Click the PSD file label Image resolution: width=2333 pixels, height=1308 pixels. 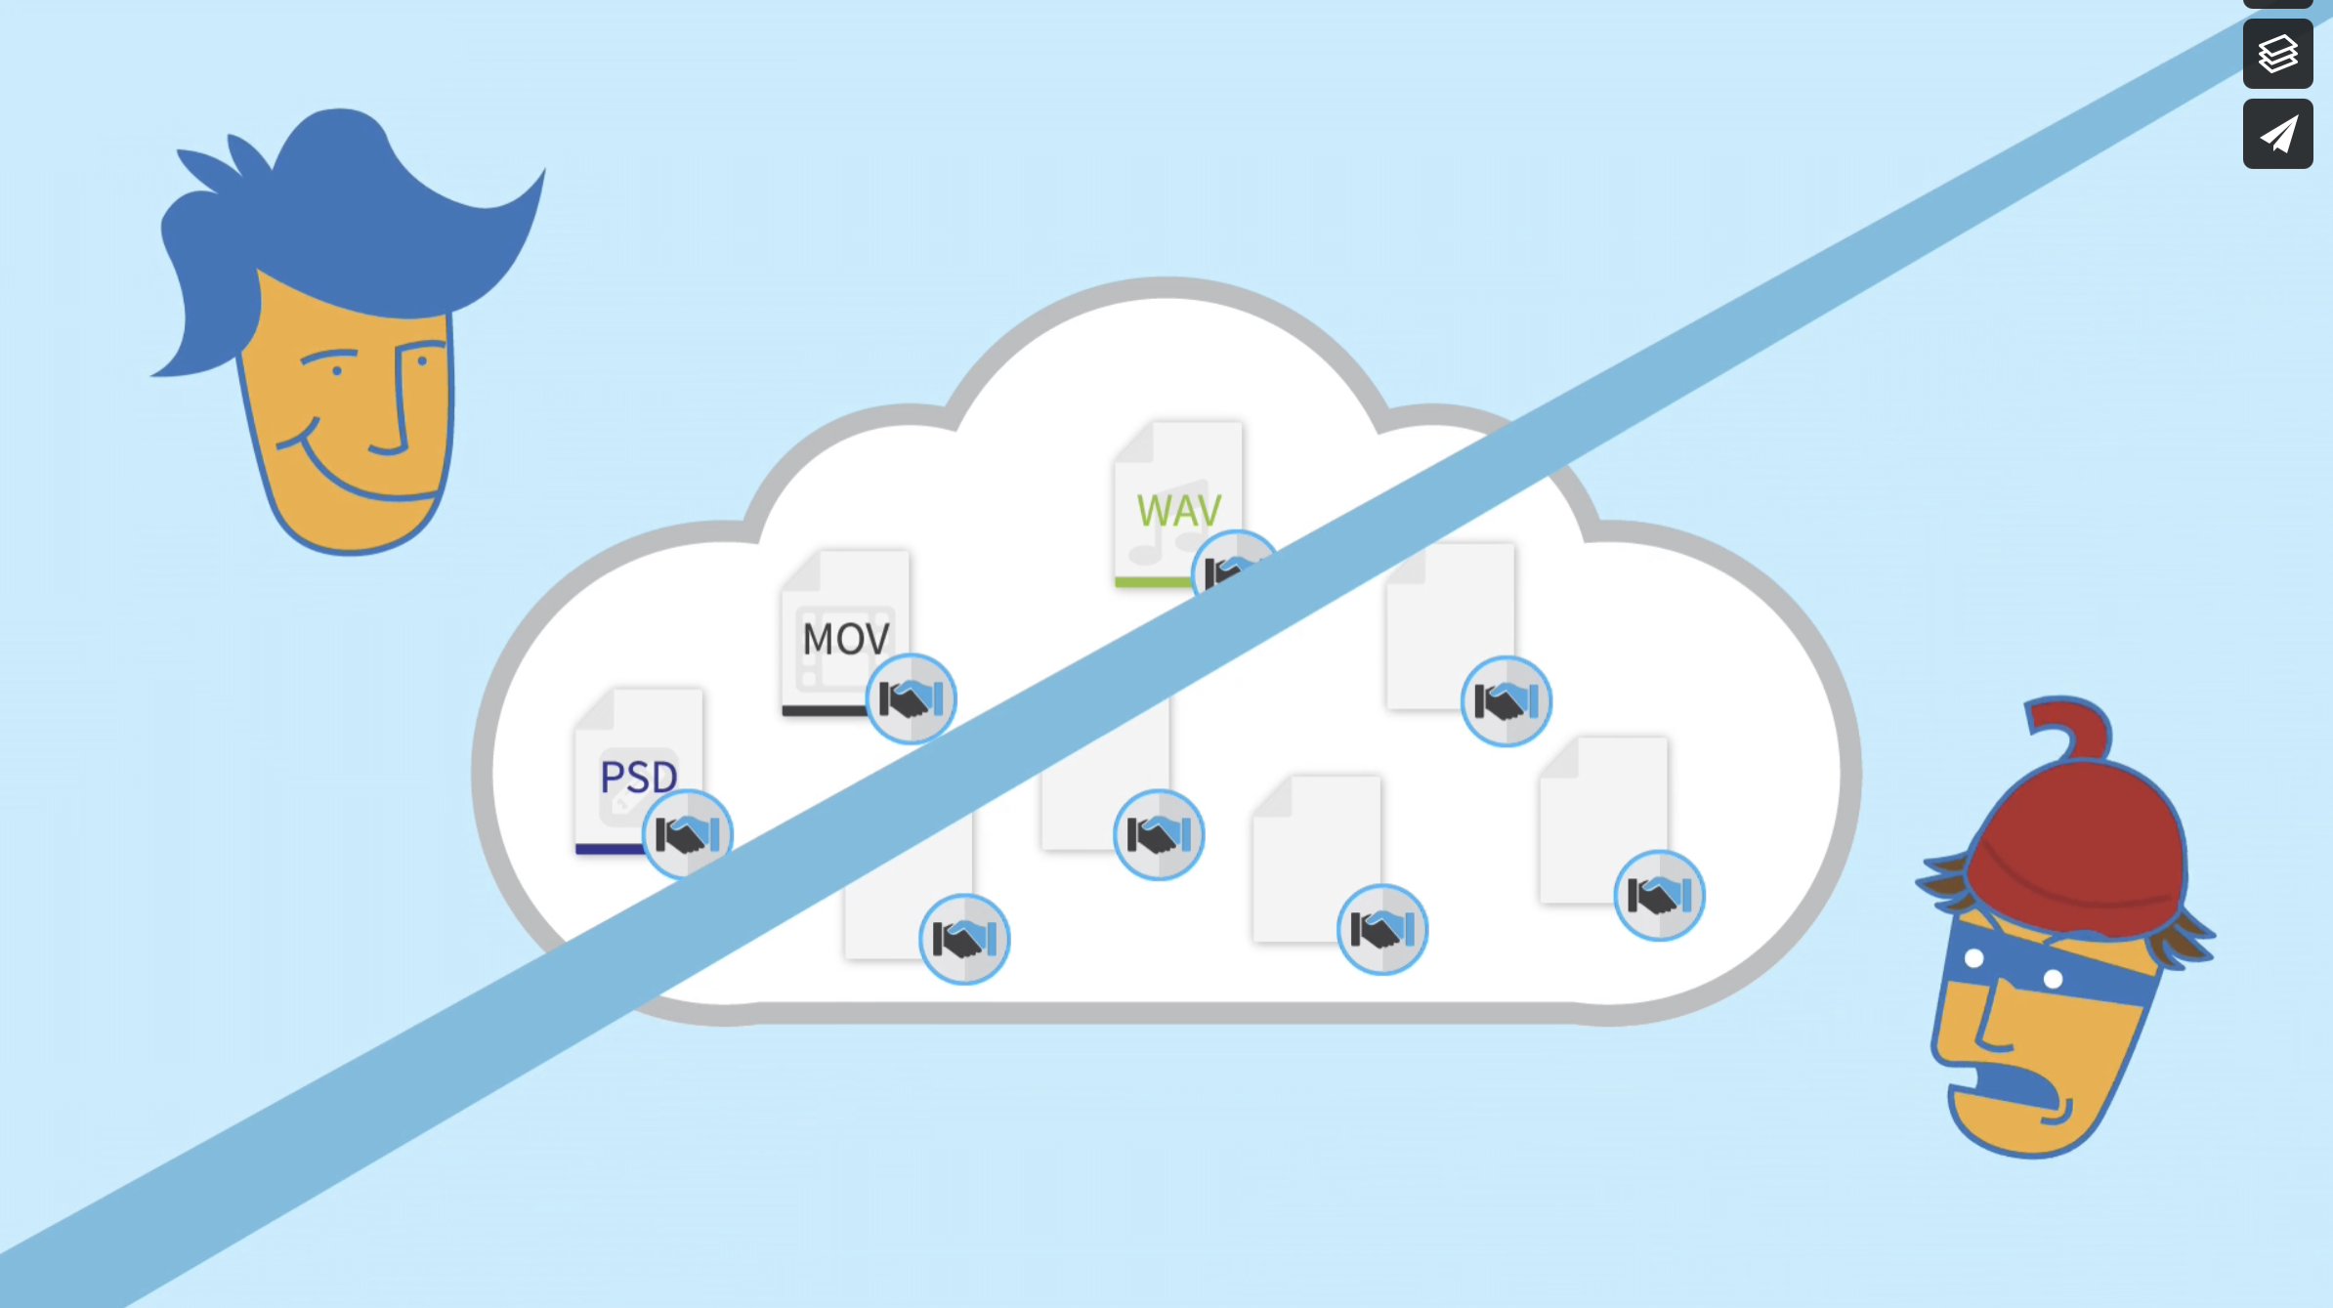click(x=638, y=778)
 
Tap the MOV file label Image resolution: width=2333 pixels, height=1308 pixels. click(x=845, y=640)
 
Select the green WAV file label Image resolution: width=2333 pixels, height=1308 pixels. click(x=1178, y=511)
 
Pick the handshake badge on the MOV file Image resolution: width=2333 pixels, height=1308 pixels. click(x=911, y=699)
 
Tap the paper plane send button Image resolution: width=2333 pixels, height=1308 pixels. click(x=2277, y=135)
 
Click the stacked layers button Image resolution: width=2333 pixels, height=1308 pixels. click(x=2277, y=54)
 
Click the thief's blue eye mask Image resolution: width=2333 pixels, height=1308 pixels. click(x=2042, y=967)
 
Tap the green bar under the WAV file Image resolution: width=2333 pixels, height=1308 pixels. click(x=1153, y=582)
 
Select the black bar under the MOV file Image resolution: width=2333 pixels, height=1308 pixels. click(x=823, y=711)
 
